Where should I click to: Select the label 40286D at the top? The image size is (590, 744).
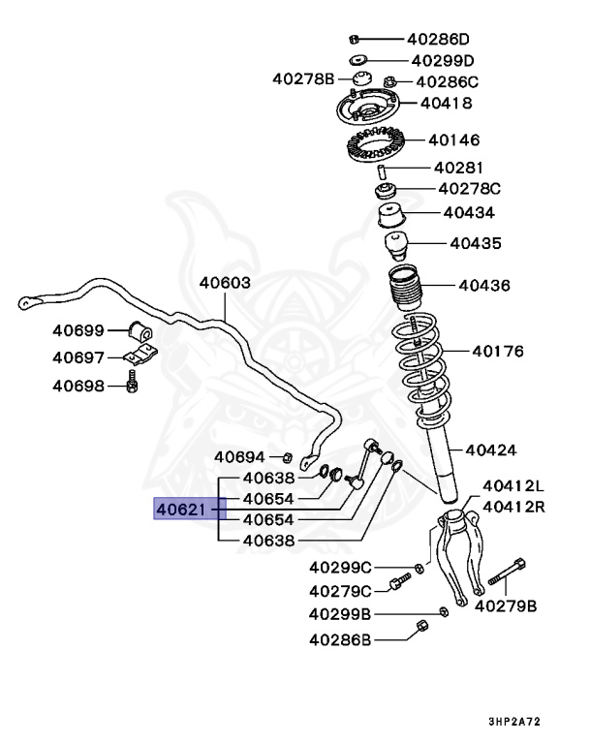tap(437, 40)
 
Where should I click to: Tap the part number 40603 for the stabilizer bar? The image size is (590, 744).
tap(225, 284)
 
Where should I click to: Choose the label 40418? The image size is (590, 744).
tap(446, 103)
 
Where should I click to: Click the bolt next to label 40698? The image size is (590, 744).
tap(133, 386)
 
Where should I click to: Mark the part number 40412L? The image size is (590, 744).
tap(513, 485)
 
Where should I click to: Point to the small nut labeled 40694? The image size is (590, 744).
tap(288, 456)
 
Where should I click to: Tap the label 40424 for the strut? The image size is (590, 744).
tap(490, 449)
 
